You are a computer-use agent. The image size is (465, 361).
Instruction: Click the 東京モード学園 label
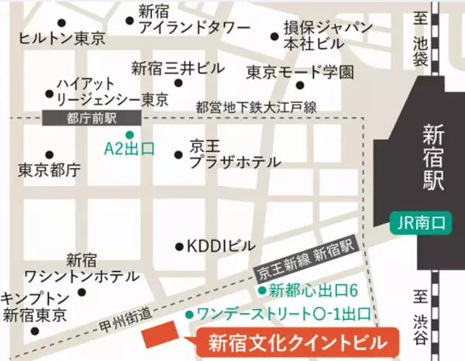pyautogui.click(x=300, y=73)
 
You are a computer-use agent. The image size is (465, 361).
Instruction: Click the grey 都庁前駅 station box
pyautogui.click(x=91, y=117)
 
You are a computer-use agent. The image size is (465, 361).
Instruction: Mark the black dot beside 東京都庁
pyautogui.click(x=50, y=154)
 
